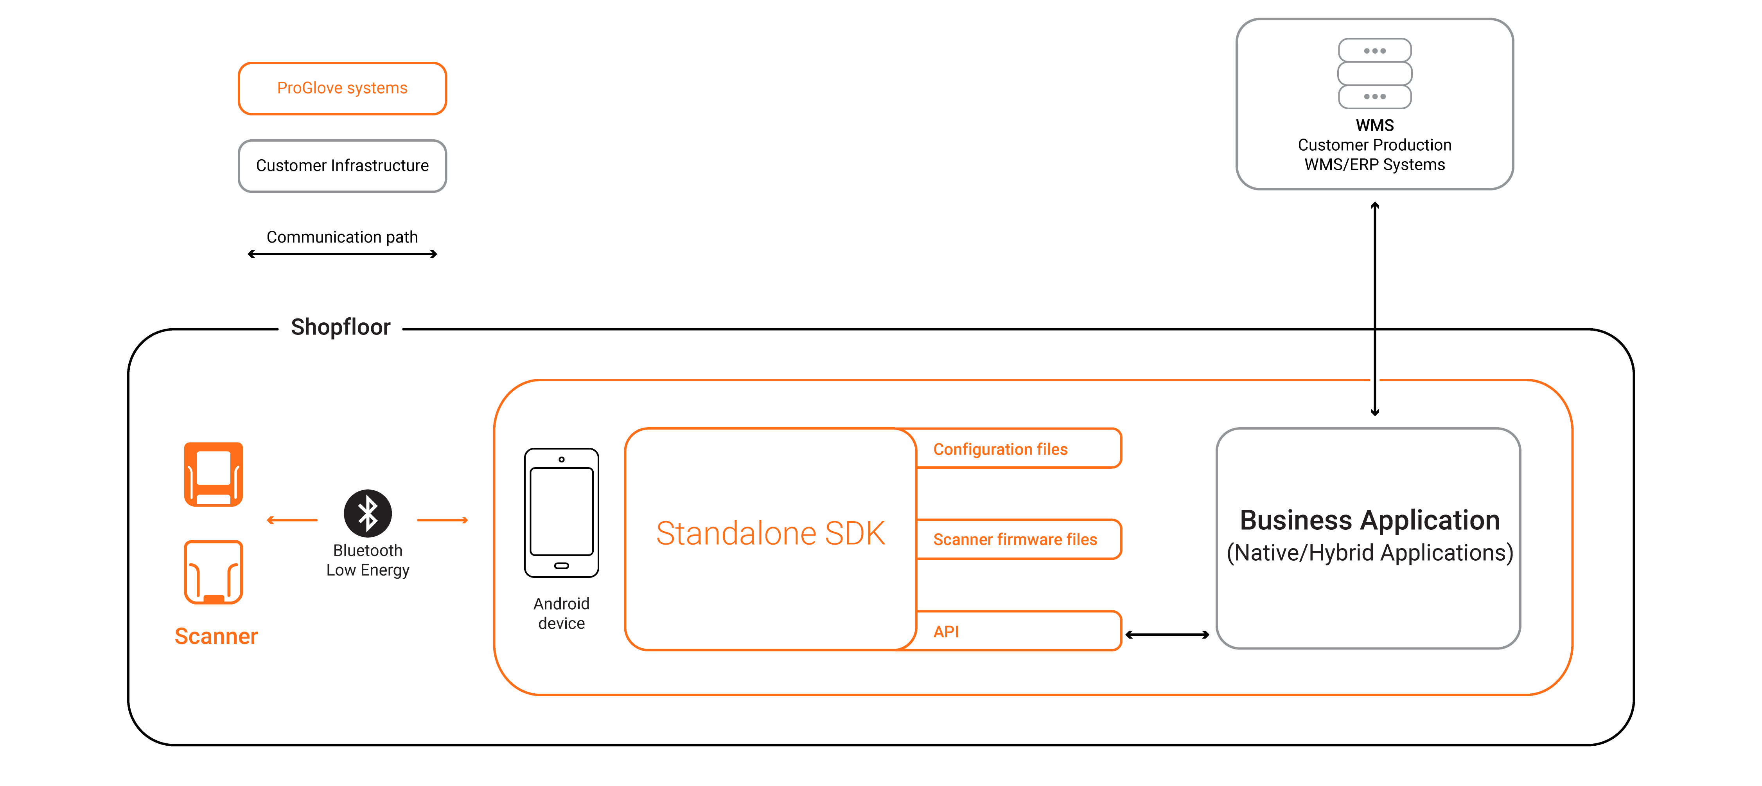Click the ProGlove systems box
coord(342,88)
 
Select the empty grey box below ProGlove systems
coord(342,166)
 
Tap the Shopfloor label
coord(341,327)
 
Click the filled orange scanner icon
coord(214,474)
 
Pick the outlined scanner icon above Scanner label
coord(214,572)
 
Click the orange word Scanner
coord(216,636)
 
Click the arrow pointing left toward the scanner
coord(292,521)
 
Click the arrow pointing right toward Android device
coord(442,521)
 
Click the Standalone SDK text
coord(770,534)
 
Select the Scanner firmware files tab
coord(1018,540)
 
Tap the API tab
coord(1018,631)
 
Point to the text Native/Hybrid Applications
coord(1369,553)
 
